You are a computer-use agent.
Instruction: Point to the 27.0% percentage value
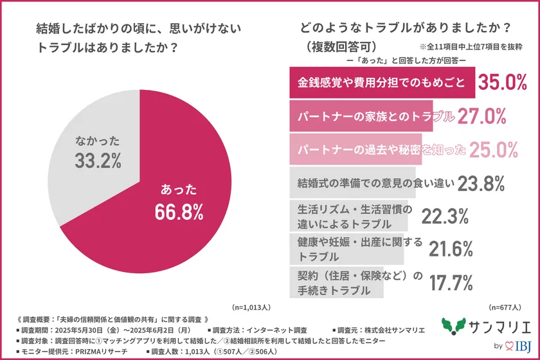(x=482, y=116)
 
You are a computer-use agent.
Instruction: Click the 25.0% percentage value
(x=493, y=150)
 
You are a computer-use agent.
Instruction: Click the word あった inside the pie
(x=179, y=189)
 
